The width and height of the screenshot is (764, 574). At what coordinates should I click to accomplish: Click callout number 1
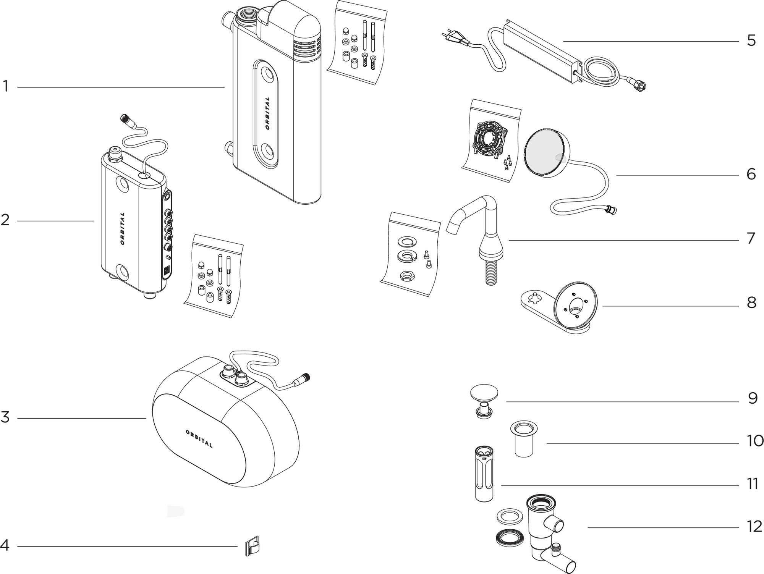click(x=5, y=87)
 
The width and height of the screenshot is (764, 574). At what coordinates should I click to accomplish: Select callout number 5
click(x=751, y=41)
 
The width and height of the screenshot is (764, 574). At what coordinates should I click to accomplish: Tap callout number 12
click(x=754, y=527)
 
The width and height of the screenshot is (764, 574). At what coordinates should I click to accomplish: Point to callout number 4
click(x=5, y=545)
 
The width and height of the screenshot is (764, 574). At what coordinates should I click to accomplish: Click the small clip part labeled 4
click(x=252, y=547)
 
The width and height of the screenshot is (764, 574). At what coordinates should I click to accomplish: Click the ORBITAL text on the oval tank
click(x=199, y=439)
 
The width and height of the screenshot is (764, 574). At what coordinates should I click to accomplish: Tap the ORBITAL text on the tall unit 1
click(x=267, y=113)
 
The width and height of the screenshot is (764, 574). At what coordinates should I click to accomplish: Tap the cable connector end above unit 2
click(x=125, y=118)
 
